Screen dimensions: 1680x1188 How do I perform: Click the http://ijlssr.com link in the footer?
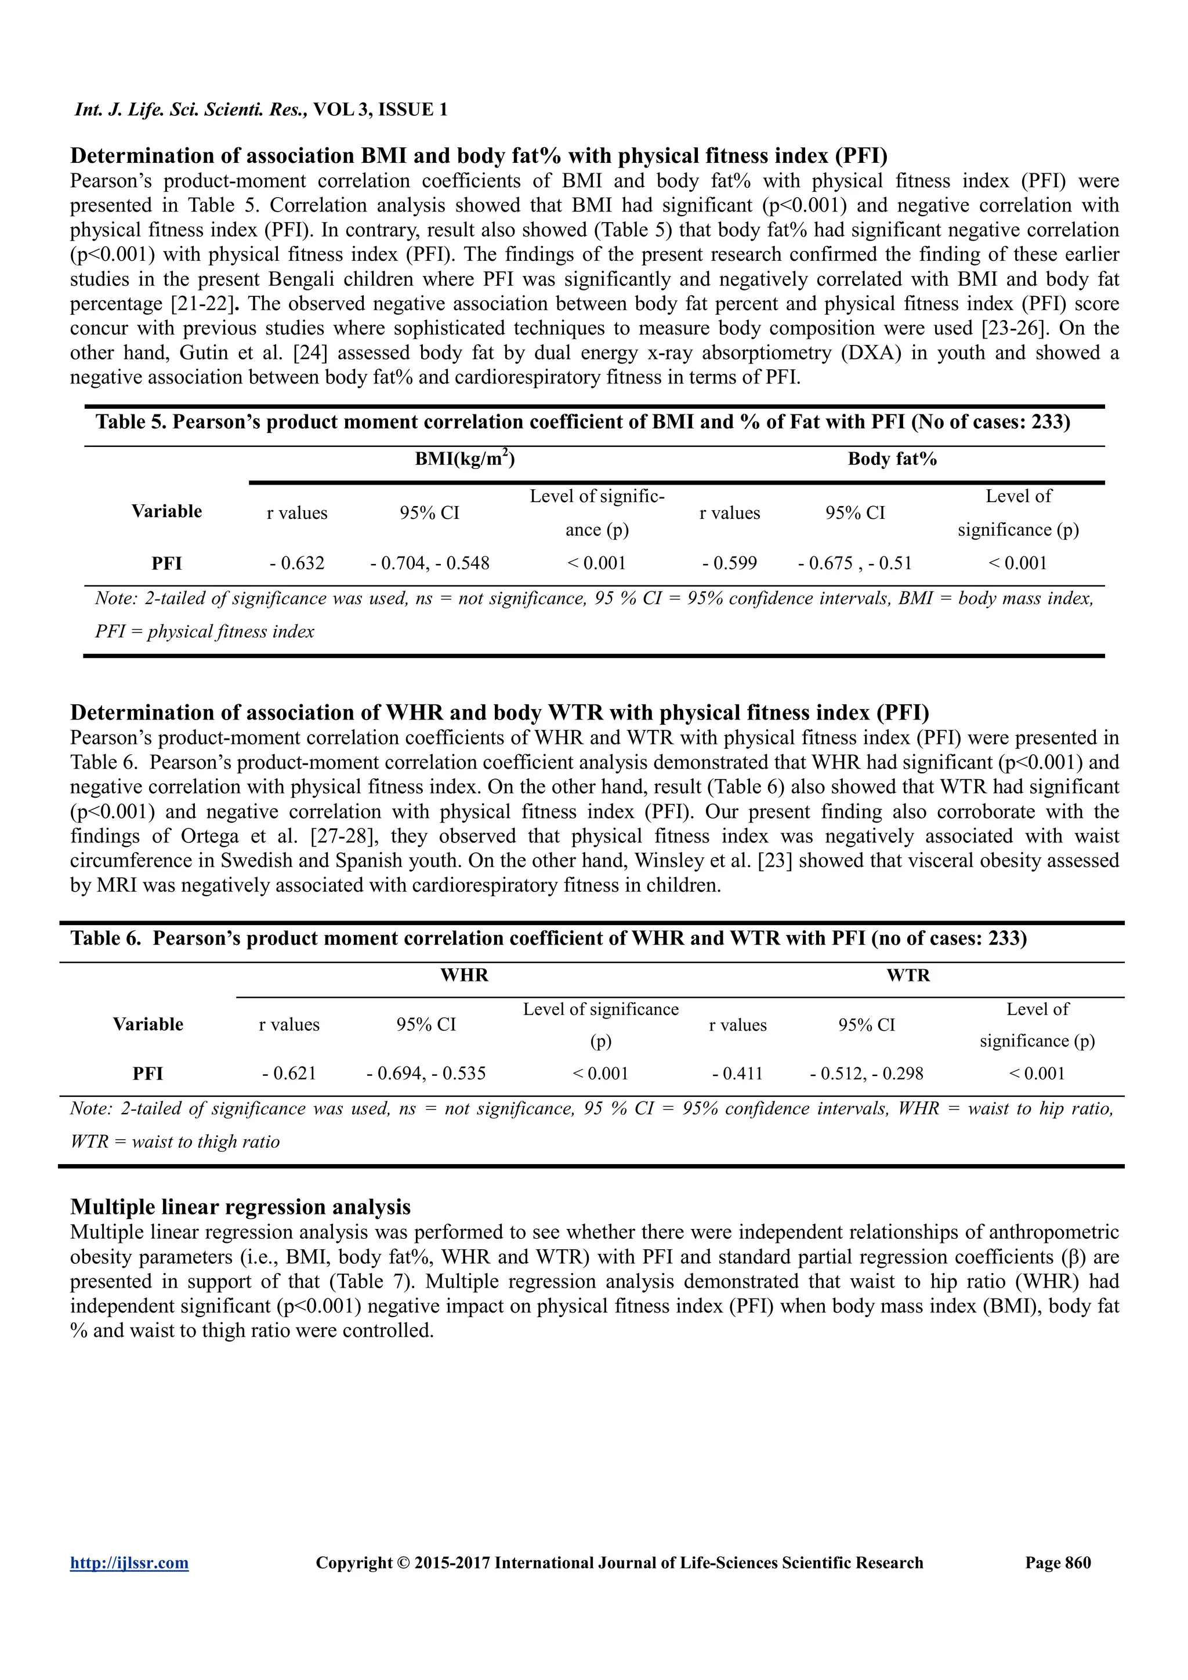click(129, 1563)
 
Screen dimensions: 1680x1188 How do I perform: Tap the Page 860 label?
click(1057, 1563)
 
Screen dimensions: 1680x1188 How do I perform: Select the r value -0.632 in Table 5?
click(296, 563)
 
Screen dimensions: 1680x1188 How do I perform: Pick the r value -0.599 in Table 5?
click(729, 563)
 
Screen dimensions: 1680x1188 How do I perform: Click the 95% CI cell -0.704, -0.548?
click(430, 563)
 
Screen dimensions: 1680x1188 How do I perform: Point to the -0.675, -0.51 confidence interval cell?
click(855, 563)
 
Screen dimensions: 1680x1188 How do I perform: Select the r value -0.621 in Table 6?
click(289, 1074)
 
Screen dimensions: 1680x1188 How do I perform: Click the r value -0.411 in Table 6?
click(737, 1074)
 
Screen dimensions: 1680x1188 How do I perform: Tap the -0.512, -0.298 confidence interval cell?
click(867, 1074)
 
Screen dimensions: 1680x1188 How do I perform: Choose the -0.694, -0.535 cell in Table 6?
click(426, 1074)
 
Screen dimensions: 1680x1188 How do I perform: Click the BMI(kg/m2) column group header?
click(465, 460)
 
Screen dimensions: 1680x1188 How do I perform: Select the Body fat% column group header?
click(892, 460)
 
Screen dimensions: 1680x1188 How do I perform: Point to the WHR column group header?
click(464, 976)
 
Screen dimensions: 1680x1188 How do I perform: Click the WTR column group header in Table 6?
click(908, 976)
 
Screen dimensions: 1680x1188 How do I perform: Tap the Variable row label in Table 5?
click(167, 511)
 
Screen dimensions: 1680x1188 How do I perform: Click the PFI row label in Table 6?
click(148, 1074)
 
